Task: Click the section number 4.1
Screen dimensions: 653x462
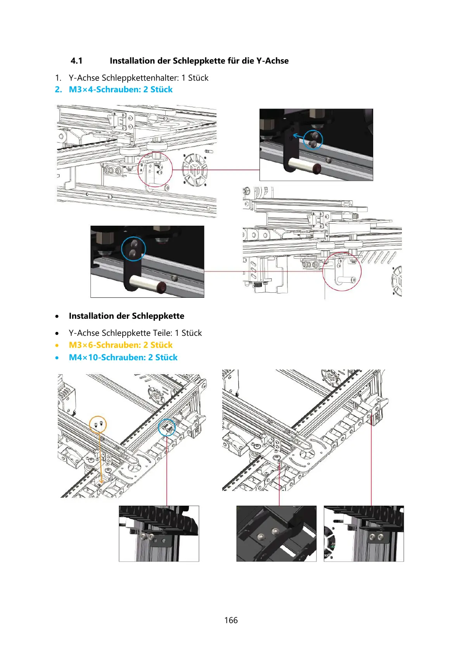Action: [76, 61]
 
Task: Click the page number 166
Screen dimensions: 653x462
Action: [231, 620]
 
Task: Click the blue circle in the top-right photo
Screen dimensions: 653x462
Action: [313, 140]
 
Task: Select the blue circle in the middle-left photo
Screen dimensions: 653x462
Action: [133, 249]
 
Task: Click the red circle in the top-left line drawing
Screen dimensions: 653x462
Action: [155, 169]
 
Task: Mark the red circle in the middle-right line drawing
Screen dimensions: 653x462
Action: [342, 271]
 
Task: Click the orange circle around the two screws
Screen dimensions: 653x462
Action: [98, 425]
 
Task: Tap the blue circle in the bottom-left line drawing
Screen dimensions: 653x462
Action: [167, 427]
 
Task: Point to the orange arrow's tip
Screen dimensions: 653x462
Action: [101, 484]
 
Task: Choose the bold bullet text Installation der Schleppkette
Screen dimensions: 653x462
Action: [126, 316]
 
